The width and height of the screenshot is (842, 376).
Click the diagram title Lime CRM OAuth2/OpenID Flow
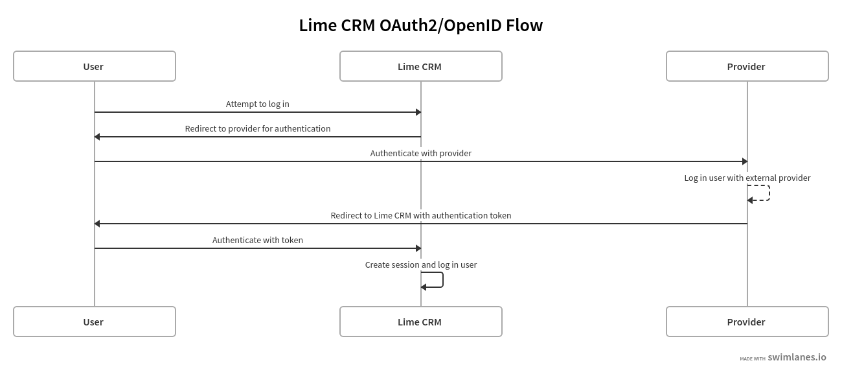[420, 25]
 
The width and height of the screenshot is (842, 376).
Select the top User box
[95, 66]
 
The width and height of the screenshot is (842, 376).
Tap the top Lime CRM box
[421, 66]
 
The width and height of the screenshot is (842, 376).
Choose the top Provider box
[747, 66]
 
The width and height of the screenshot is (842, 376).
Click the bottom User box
[95, 322]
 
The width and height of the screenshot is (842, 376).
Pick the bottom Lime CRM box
[421, 322]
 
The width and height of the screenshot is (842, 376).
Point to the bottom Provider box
[747, 322]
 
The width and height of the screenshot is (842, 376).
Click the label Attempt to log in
[257, 104]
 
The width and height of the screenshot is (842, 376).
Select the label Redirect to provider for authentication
[257, 128]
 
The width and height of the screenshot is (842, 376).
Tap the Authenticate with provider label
[420, 153]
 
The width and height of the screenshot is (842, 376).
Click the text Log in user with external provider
[747, 178]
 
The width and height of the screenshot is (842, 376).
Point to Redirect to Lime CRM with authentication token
[420, 215]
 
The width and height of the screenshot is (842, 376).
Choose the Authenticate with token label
[257, 240]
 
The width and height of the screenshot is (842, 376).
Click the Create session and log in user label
[420, 264]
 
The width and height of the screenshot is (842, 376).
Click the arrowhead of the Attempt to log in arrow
[418, 112]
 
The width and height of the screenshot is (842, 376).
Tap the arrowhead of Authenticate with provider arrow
[745, 161]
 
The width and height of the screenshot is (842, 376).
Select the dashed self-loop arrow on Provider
[768, 193]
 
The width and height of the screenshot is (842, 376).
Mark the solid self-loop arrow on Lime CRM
[442, 279]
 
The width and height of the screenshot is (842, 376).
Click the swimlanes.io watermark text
[797, 357]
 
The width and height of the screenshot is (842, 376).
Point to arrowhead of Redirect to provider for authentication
[97, 137]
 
